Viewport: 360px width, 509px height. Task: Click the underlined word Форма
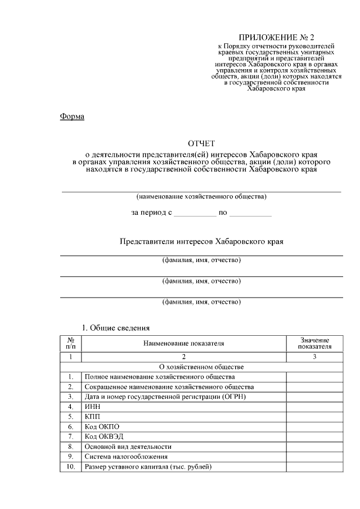pyautogui.click(x=71, y=117)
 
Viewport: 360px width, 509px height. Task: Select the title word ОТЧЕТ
pyautogui.click(x=201, y=143)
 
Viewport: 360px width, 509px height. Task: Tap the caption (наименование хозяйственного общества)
pyautogui.click(x=201, y=197)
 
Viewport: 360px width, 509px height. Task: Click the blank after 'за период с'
pyautogui.click(x=195, y=213)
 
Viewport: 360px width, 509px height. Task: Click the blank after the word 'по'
pyautogui.click(x=250, y=213)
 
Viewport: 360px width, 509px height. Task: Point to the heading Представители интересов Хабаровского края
pyautogui.click(x=201, y=241)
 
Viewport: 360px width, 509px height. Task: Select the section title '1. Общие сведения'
pyautogui.click(x=116, y=327)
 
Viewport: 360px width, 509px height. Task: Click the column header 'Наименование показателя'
pyautogui.click(x=184, y=343)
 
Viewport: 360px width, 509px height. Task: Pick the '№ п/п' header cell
pyautogui.click(x=71, y=343)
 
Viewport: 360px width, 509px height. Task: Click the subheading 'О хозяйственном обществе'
pyautogui.click(x=201, y=367)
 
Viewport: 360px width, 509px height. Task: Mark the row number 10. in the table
pyautogui.click(x=71, y=466)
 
